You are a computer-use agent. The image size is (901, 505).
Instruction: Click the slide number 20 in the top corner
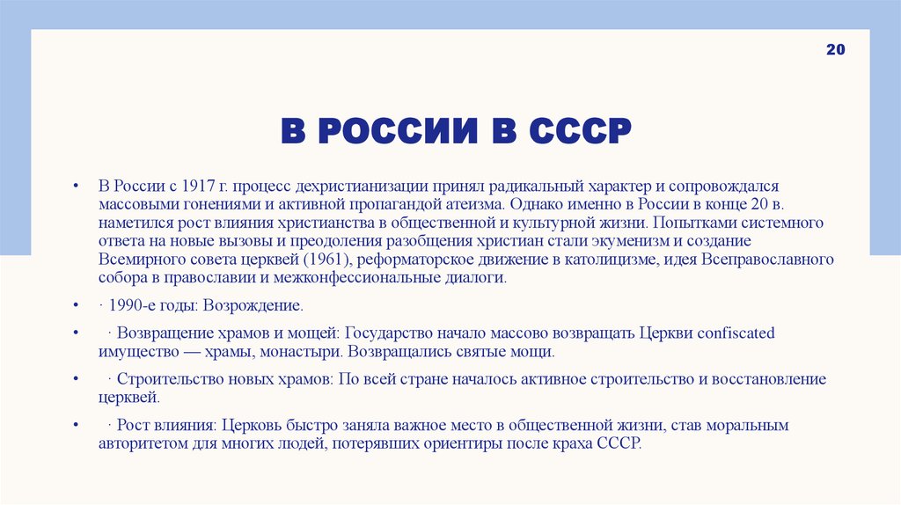pos(835,51)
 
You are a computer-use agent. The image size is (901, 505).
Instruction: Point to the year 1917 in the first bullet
pos(199,187)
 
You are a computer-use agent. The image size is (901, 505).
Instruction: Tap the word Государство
pos(385,333)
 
